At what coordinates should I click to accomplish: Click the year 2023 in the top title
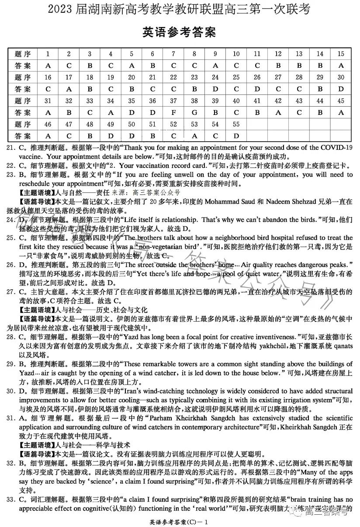pyautogui.click(x=60, y=9)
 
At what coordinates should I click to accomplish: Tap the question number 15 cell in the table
pyautogui.click(x=341, y=54)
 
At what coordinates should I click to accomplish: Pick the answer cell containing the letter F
pyautogui.click(x=173, y=113)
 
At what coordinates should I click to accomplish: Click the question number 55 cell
pyautogui.click(x=236, y=125)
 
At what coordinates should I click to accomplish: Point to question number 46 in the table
pyautogui.click(x=48, y=125)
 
